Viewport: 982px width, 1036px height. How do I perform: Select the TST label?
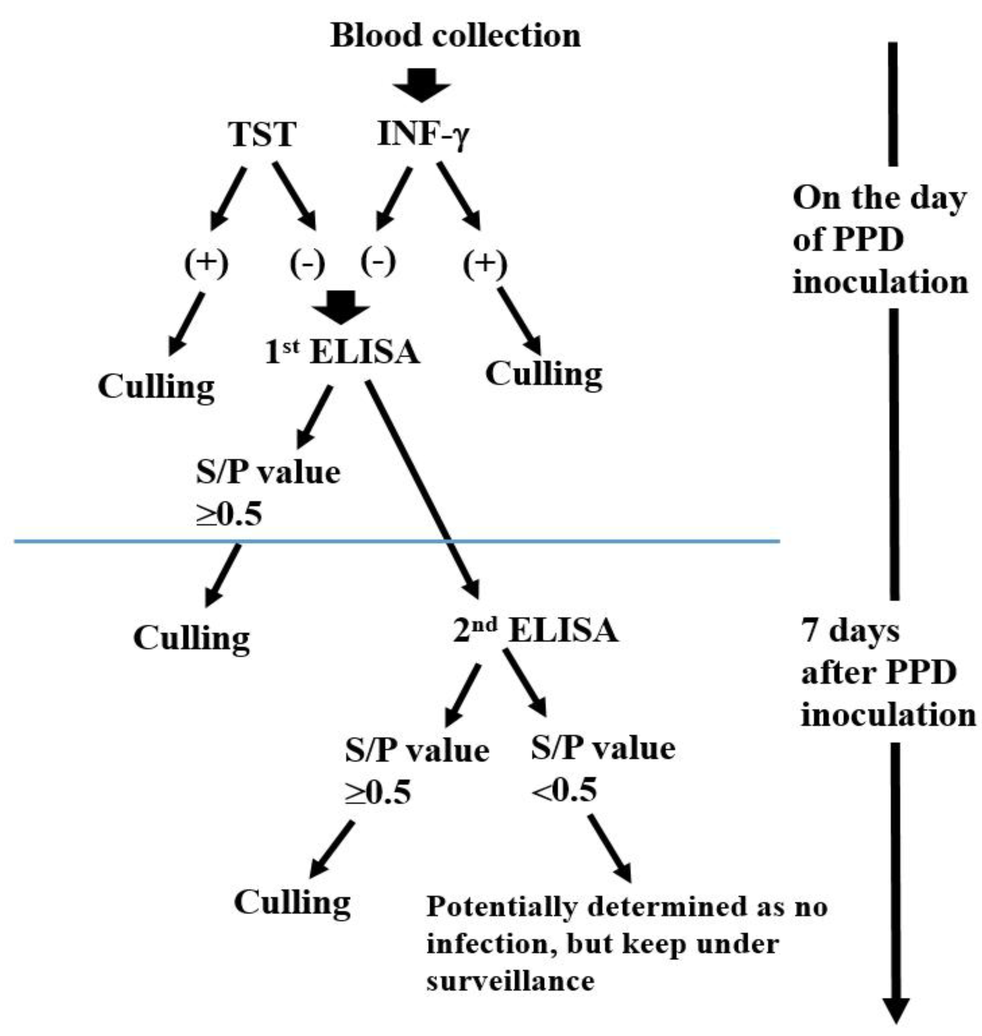262,134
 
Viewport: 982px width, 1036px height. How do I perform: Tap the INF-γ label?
423,134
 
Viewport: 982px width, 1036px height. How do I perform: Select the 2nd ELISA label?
535,631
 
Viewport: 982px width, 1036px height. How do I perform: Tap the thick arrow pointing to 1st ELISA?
341,306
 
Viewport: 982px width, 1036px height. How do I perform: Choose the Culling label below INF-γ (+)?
543,375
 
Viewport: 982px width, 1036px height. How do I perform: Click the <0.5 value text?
564,790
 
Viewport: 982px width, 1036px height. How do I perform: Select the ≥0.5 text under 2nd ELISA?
377,793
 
